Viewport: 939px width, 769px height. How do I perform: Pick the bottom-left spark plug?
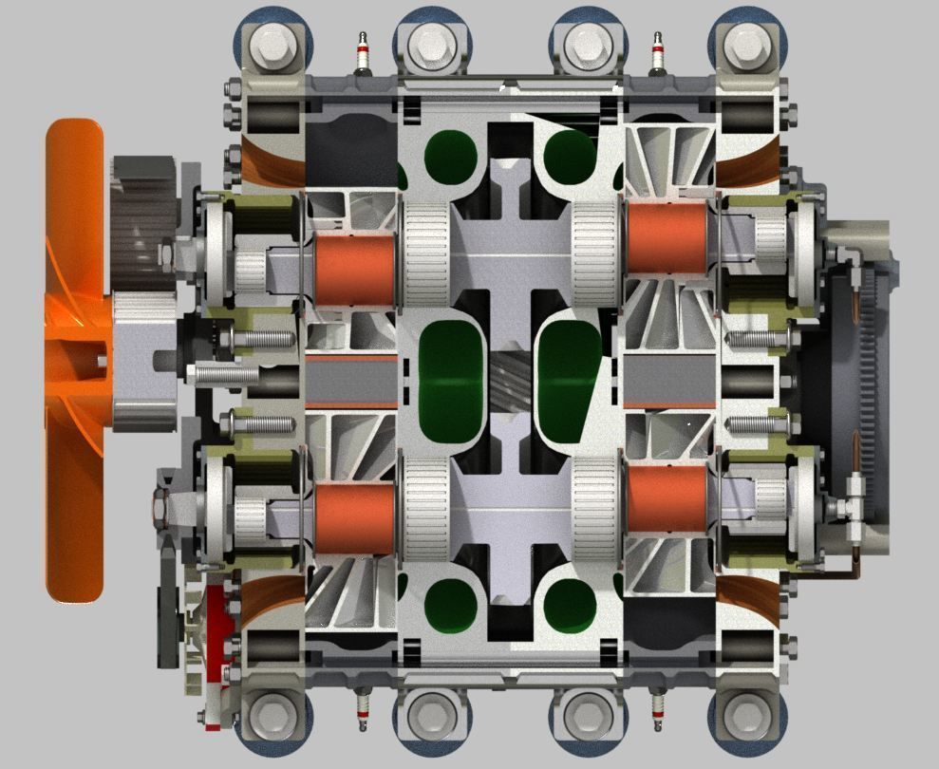(x=361, y=710)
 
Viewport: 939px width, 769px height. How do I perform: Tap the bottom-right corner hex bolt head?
(x=747, y=713)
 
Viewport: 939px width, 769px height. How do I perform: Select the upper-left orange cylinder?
(x=354, y=270)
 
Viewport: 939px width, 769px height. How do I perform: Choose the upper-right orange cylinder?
(x=667, y=237)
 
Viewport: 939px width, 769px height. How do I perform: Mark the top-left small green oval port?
(x=452, y=157)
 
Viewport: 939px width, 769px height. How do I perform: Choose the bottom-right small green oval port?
(x=570, y=608)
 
